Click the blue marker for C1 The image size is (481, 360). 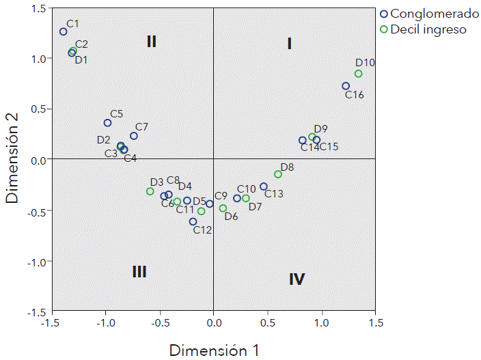point(64,31)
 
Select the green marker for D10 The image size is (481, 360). point(358,74)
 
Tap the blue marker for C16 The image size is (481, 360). point(346,86)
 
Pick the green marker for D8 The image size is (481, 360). point(278,174)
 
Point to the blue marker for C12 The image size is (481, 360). point(193,221)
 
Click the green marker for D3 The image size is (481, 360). point(150,191)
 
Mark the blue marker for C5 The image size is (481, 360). point(107,123)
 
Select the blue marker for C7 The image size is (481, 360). point(134,136)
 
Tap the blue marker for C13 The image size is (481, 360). point(264,186)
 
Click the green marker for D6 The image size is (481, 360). point(223,208)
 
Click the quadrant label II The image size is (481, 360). point(152,42)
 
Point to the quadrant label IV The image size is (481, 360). point(297,279)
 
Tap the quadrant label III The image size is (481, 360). point(139,272)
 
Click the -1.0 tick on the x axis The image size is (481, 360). point(105,322)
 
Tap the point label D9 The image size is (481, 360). point(320,128)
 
